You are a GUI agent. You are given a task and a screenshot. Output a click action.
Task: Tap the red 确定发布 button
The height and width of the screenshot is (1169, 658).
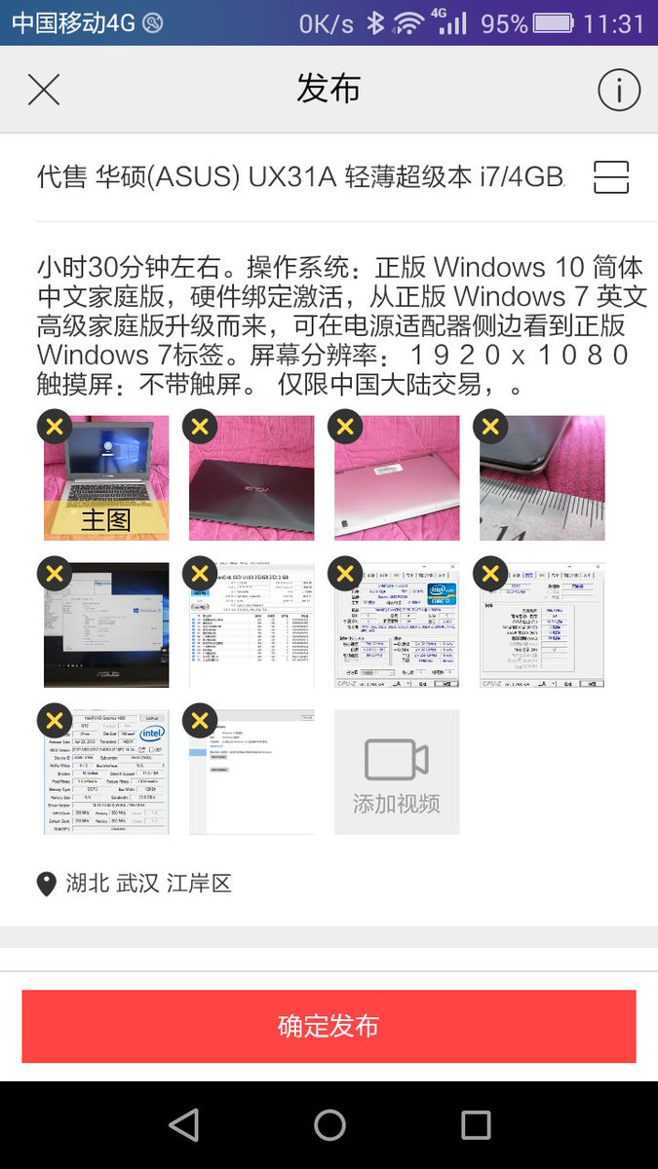(x=329, y=1026)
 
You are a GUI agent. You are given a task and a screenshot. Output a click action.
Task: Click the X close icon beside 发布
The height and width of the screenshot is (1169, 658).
(x=44, y=90)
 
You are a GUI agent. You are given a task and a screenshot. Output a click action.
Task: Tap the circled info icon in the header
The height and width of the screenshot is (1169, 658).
(x=618, y=91)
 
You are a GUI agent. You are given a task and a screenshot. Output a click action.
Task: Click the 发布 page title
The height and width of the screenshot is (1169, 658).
(x=329, y=90)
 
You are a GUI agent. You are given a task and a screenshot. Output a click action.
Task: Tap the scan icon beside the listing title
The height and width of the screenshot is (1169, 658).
(x=611, y=177)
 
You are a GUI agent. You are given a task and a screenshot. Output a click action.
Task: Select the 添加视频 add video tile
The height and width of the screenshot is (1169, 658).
(x=397, y=772)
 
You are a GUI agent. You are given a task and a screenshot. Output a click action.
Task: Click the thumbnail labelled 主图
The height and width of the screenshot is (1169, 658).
(x=105, y=478)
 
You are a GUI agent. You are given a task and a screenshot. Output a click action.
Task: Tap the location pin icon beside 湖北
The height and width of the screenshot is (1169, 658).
(x=46, y=885)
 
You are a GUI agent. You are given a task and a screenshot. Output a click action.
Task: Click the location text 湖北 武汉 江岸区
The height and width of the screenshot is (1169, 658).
(x=148, y=885)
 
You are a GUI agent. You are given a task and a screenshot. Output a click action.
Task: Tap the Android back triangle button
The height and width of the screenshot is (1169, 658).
(x=183, y=1125)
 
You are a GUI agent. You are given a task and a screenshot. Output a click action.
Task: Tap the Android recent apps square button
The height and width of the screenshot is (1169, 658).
(x=476, y=1125)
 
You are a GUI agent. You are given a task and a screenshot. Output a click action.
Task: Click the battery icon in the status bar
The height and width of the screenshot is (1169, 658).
(x=554, y=23)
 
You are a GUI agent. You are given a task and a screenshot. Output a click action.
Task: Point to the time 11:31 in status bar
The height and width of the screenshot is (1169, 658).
(x=614, y=23)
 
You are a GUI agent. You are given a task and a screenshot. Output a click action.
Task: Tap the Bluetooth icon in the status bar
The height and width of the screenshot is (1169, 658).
(x=375, y=23)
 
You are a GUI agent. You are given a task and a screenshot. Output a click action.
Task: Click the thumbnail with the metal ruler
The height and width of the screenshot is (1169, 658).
(x=542, y=478)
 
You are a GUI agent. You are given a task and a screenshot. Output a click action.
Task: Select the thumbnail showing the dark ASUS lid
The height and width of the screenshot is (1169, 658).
(x=252, y=478)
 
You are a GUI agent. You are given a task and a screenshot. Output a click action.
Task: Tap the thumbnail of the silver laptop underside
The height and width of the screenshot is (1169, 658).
(x=397, y=478)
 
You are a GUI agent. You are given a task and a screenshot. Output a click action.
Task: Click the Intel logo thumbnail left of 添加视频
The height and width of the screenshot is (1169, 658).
(x=105, y=772)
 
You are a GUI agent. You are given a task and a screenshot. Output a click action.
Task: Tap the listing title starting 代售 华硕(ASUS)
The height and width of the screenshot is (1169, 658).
(x=300, y=177)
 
